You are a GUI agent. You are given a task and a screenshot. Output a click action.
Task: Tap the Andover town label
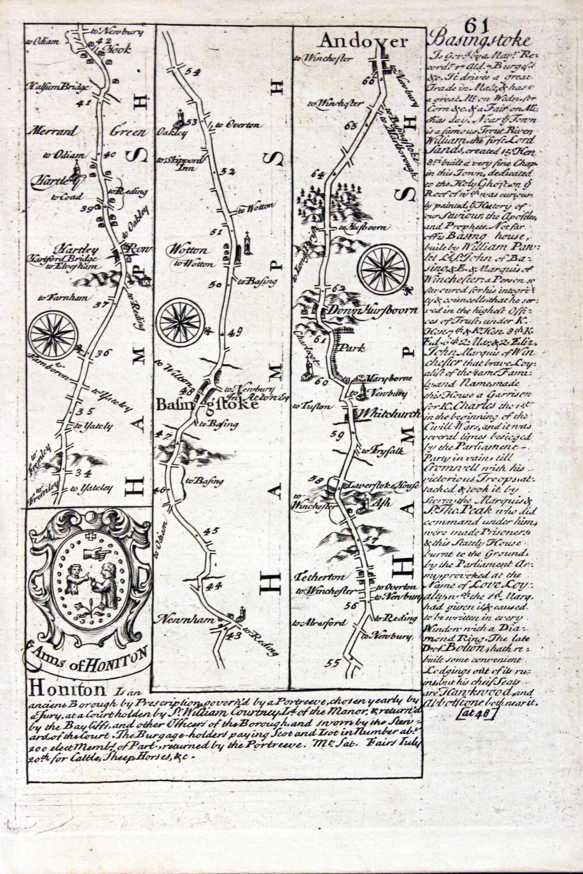click(364, 42)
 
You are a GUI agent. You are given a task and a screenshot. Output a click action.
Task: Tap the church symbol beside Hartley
click(77, 169)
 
